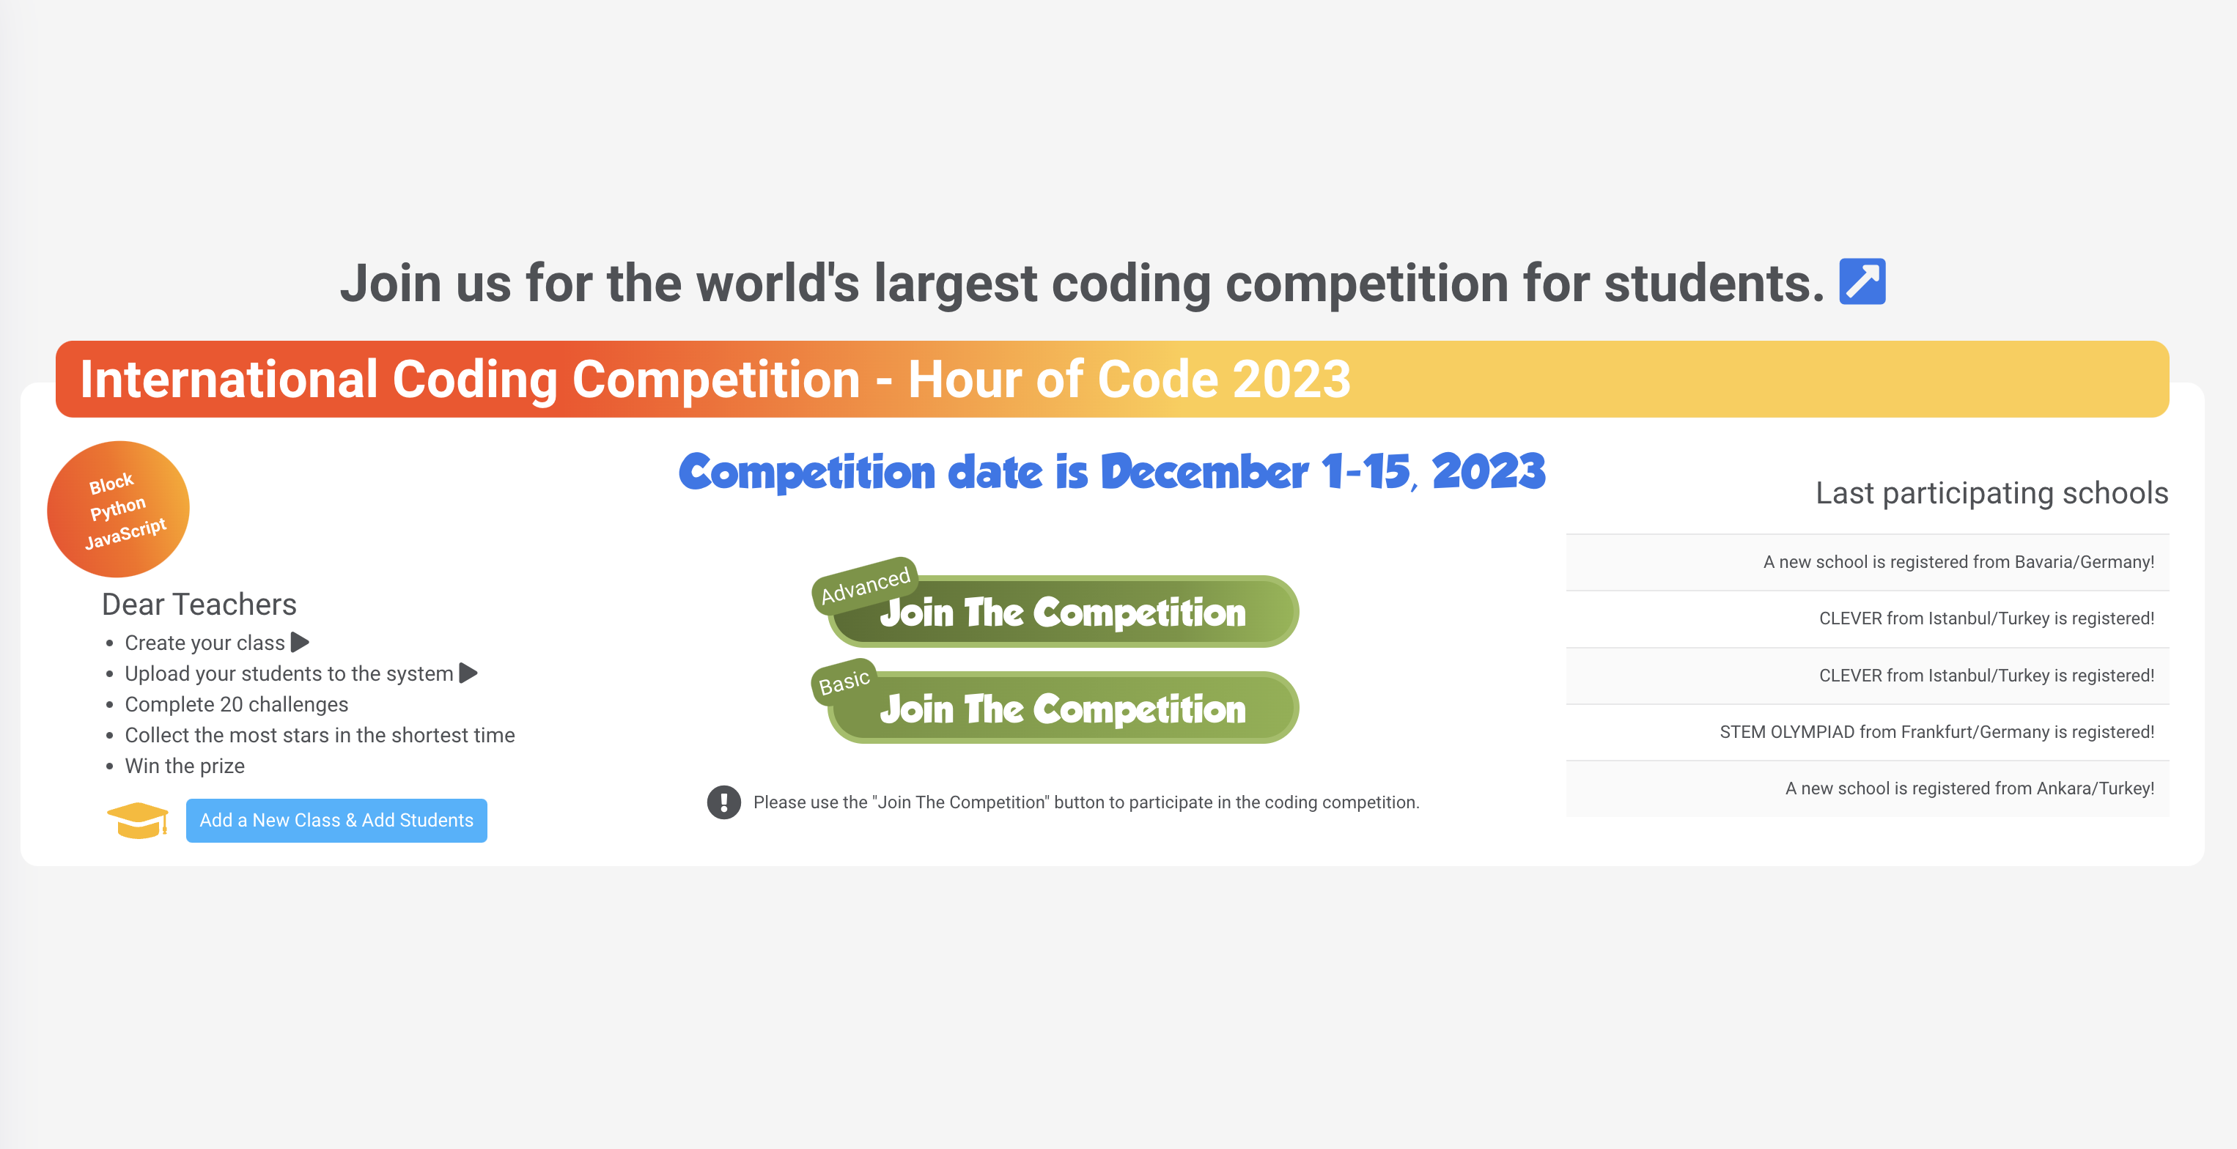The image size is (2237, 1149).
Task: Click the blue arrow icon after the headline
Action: point(1862,281)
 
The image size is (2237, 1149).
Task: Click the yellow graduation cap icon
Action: point(137,820)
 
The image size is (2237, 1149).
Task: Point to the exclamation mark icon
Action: point(723,802)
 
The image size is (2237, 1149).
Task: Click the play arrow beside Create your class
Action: point(301,643)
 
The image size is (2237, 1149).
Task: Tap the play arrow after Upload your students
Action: point(468,673)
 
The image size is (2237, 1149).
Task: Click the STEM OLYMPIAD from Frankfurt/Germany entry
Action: point(1936,732)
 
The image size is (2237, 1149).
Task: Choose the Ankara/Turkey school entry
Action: point(1969,788)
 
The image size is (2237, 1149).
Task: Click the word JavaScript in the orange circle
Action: point(126,533)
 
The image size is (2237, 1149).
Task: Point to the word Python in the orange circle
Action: point(118,508)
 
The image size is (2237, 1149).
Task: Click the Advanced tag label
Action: point(865,585)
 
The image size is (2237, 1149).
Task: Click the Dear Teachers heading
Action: point(199,604)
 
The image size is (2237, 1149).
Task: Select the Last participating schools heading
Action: point(1991,492)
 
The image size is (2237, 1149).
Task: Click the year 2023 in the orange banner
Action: point(1291,380)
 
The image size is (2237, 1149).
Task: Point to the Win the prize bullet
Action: point(184,766)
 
